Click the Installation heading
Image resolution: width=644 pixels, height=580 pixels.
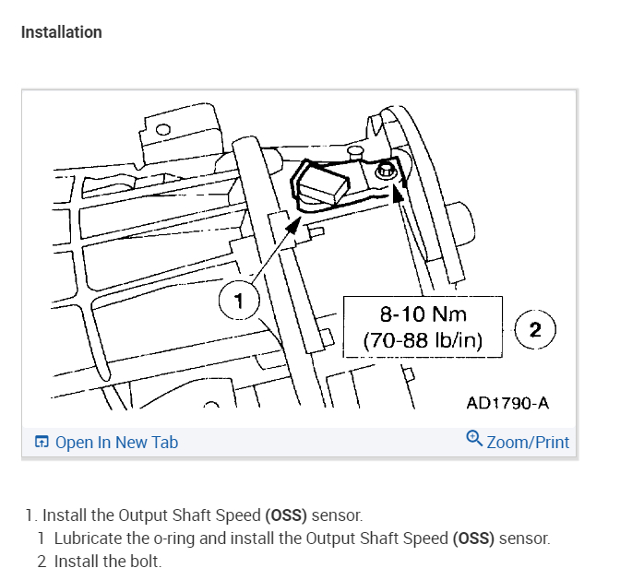coord(62,32)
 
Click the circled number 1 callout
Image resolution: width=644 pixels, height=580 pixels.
coord(239,301)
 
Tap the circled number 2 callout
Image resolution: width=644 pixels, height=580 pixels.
coord(535,329)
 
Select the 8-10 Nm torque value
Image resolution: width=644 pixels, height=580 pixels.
coord(423,314)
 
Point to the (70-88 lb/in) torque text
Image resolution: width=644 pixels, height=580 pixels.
coord(423,340)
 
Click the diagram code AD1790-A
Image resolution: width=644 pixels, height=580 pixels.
coord(507,403)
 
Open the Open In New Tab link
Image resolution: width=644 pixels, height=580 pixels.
coord(116,442)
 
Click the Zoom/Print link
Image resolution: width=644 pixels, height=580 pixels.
coord(528,442)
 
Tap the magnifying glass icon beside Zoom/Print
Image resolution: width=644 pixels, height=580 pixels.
coord(474,438)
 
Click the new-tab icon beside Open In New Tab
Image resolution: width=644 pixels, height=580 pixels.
coord(42,442)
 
